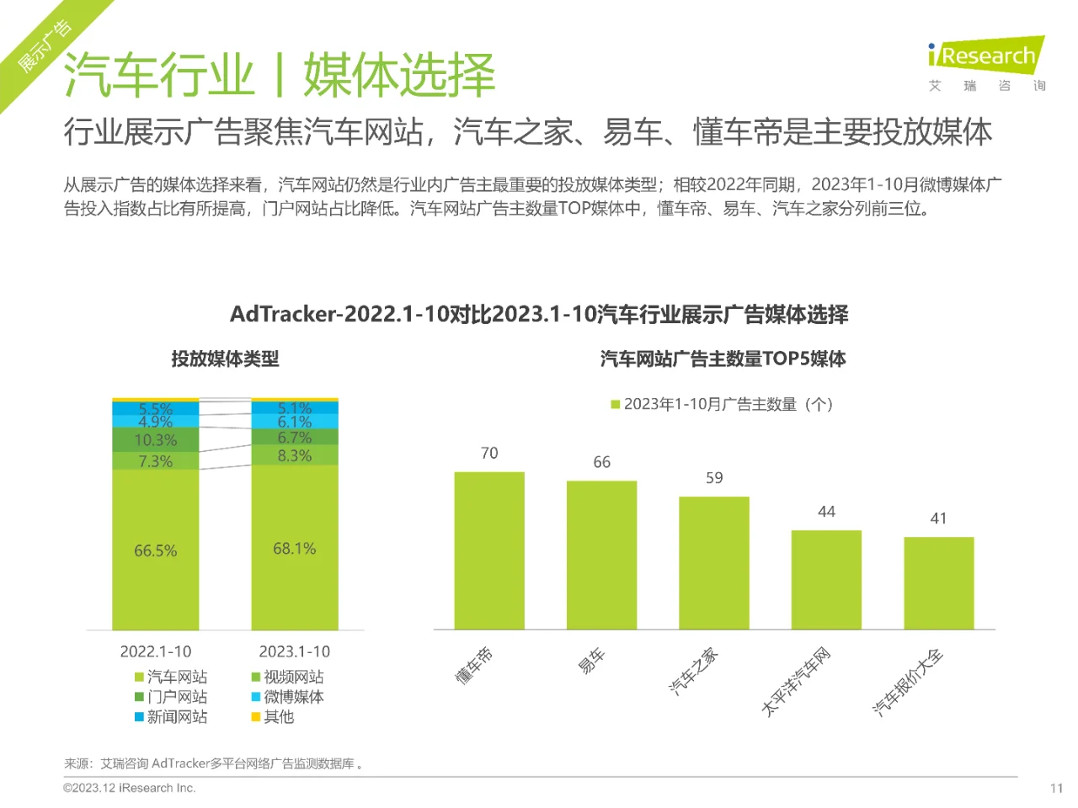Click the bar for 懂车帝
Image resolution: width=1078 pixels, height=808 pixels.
coord(489,550)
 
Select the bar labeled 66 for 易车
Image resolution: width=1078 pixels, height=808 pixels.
coord(601,555)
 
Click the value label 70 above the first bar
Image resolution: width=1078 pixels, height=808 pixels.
coord(489,454)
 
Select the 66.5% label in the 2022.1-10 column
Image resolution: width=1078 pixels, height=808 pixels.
coord(156,550)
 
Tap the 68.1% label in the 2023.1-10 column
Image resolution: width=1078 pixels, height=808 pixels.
coord(295,549)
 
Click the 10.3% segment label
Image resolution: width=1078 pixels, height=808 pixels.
coord(156,440)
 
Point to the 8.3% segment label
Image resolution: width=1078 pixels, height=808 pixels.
coord(295,455)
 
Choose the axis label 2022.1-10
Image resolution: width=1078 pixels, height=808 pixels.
coord(156,651)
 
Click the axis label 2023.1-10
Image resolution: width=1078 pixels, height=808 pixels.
coord(295,651)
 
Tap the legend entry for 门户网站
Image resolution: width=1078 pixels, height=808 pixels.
coord(171,697)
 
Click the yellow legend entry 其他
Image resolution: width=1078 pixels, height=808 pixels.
coord(273,717)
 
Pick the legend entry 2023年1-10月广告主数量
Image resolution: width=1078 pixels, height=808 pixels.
coord(722,404)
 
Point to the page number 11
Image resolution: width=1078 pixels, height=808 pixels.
coord(1056,788)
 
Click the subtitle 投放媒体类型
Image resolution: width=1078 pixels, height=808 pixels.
coord(225,359)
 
